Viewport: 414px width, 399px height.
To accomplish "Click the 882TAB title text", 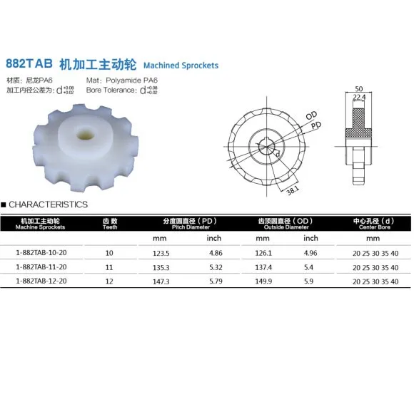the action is pos(29,63).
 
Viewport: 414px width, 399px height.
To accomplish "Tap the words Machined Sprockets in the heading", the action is pos(181,66).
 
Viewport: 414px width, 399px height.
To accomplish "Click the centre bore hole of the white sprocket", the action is pos(85,135).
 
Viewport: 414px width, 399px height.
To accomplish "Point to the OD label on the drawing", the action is pos(311,115).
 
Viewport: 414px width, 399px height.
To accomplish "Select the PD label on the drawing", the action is pos(316,125).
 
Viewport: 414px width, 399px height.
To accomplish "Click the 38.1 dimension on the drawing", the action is pos(293,190).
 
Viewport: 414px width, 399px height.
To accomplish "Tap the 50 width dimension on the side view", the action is pos(359,89).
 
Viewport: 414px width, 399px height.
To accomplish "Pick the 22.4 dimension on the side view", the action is pos(359,97).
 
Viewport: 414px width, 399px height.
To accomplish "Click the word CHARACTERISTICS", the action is pos(48,204).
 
